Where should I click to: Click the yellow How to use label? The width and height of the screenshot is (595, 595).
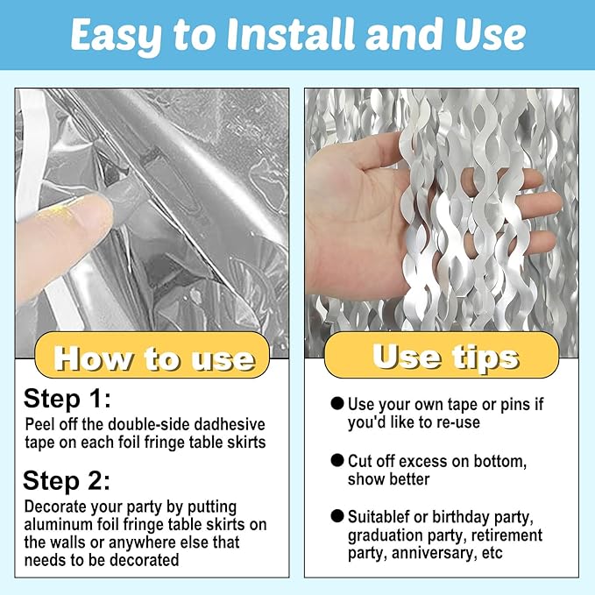[152, 355]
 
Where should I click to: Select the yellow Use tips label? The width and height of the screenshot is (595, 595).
[442, 355]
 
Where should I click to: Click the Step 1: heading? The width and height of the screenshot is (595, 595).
[67, 400]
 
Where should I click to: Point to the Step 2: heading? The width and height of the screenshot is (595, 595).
[67, 481]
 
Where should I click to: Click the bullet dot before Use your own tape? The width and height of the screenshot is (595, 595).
[337, 403]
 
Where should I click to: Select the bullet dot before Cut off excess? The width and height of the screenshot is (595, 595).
[337, 460]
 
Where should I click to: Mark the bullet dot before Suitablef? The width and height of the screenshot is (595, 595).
[337, 516]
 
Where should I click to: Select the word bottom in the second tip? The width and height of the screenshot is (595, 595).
[499, 462]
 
